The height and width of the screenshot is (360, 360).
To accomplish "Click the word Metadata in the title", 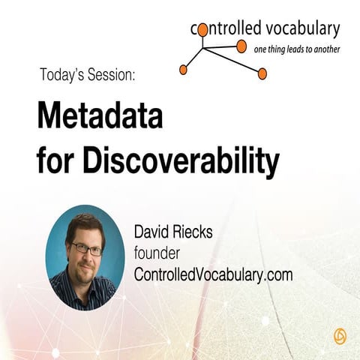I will pos(100,118).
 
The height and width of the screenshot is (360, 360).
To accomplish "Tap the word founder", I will pos(158,253).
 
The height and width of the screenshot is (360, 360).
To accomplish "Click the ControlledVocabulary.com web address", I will pos(212,274).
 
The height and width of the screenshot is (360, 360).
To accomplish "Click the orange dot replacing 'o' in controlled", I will pos(202,30).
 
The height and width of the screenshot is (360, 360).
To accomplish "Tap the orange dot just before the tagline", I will pos(241,46).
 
